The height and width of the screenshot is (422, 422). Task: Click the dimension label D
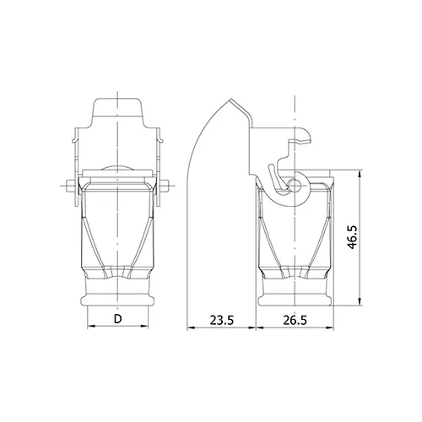pyautogui.click(x=118, y=319)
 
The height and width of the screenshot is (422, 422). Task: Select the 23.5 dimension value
pyautogui.click(x=222, y=320)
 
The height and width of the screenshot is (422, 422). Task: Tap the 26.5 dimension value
pyautogui.click(x=295, y=320)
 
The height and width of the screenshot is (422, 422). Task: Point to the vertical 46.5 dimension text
pyautogui.click(x=352, y=237)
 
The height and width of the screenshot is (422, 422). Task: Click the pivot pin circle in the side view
pyautogui.click(x=295, y=185)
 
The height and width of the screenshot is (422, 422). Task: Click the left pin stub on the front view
pyautogui.click(x=71, y=186)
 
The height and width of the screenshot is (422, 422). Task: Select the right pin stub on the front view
pyautogui.click(x=165, y=186)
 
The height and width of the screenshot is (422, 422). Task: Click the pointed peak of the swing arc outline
pyautogui.click(x=231, y=99)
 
